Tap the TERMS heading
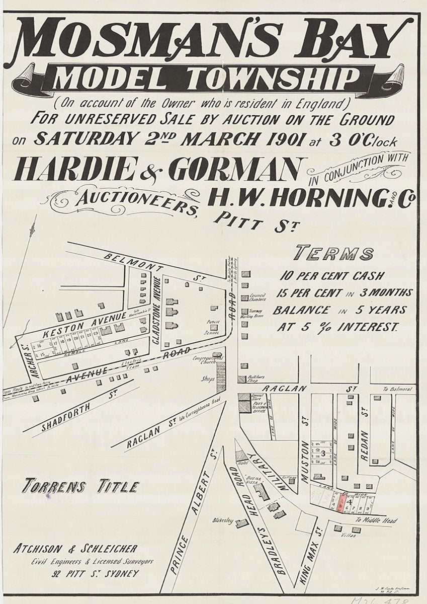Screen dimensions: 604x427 point(334,253)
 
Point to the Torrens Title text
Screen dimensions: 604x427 point(80,487)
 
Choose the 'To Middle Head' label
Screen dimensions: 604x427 point(376,520)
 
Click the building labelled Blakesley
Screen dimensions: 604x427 point(242,523)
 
